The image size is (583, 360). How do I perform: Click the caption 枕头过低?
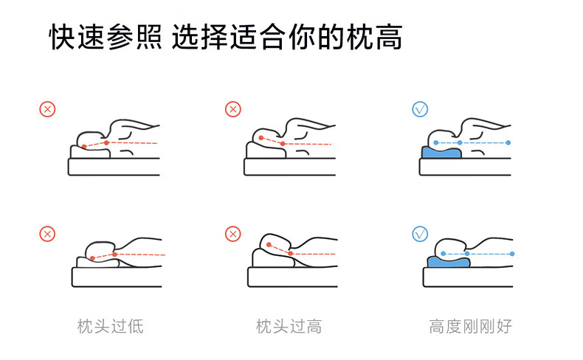(x=110, y=325)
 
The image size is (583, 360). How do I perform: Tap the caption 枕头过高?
(x=289, y=325)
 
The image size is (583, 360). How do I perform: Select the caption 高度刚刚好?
(x=470, y=325)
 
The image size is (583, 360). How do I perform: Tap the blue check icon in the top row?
(x=419, y=110)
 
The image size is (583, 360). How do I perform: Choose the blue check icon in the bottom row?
(x=419, y=235)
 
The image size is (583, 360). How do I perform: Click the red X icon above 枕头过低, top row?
(x=47, y=110)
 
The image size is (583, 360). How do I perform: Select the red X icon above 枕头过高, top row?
(x=233, y=110)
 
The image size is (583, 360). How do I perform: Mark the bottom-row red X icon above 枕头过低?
(x=47, y=235)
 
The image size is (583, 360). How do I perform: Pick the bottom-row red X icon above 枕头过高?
(x=233, y=235)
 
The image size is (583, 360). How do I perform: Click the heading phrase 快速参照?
(x=105, y=38)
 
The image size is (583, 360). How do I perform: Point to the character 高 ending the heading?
(x=389, y=38)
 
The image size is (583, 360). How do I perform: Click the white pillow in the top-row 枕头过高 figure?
(x=264, y=150)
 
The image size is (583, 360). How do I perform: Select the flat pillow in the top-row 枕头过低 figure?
(x=90, y=152)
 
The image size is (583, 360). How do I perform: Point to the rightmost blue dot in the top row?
(x=509, y=142)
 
